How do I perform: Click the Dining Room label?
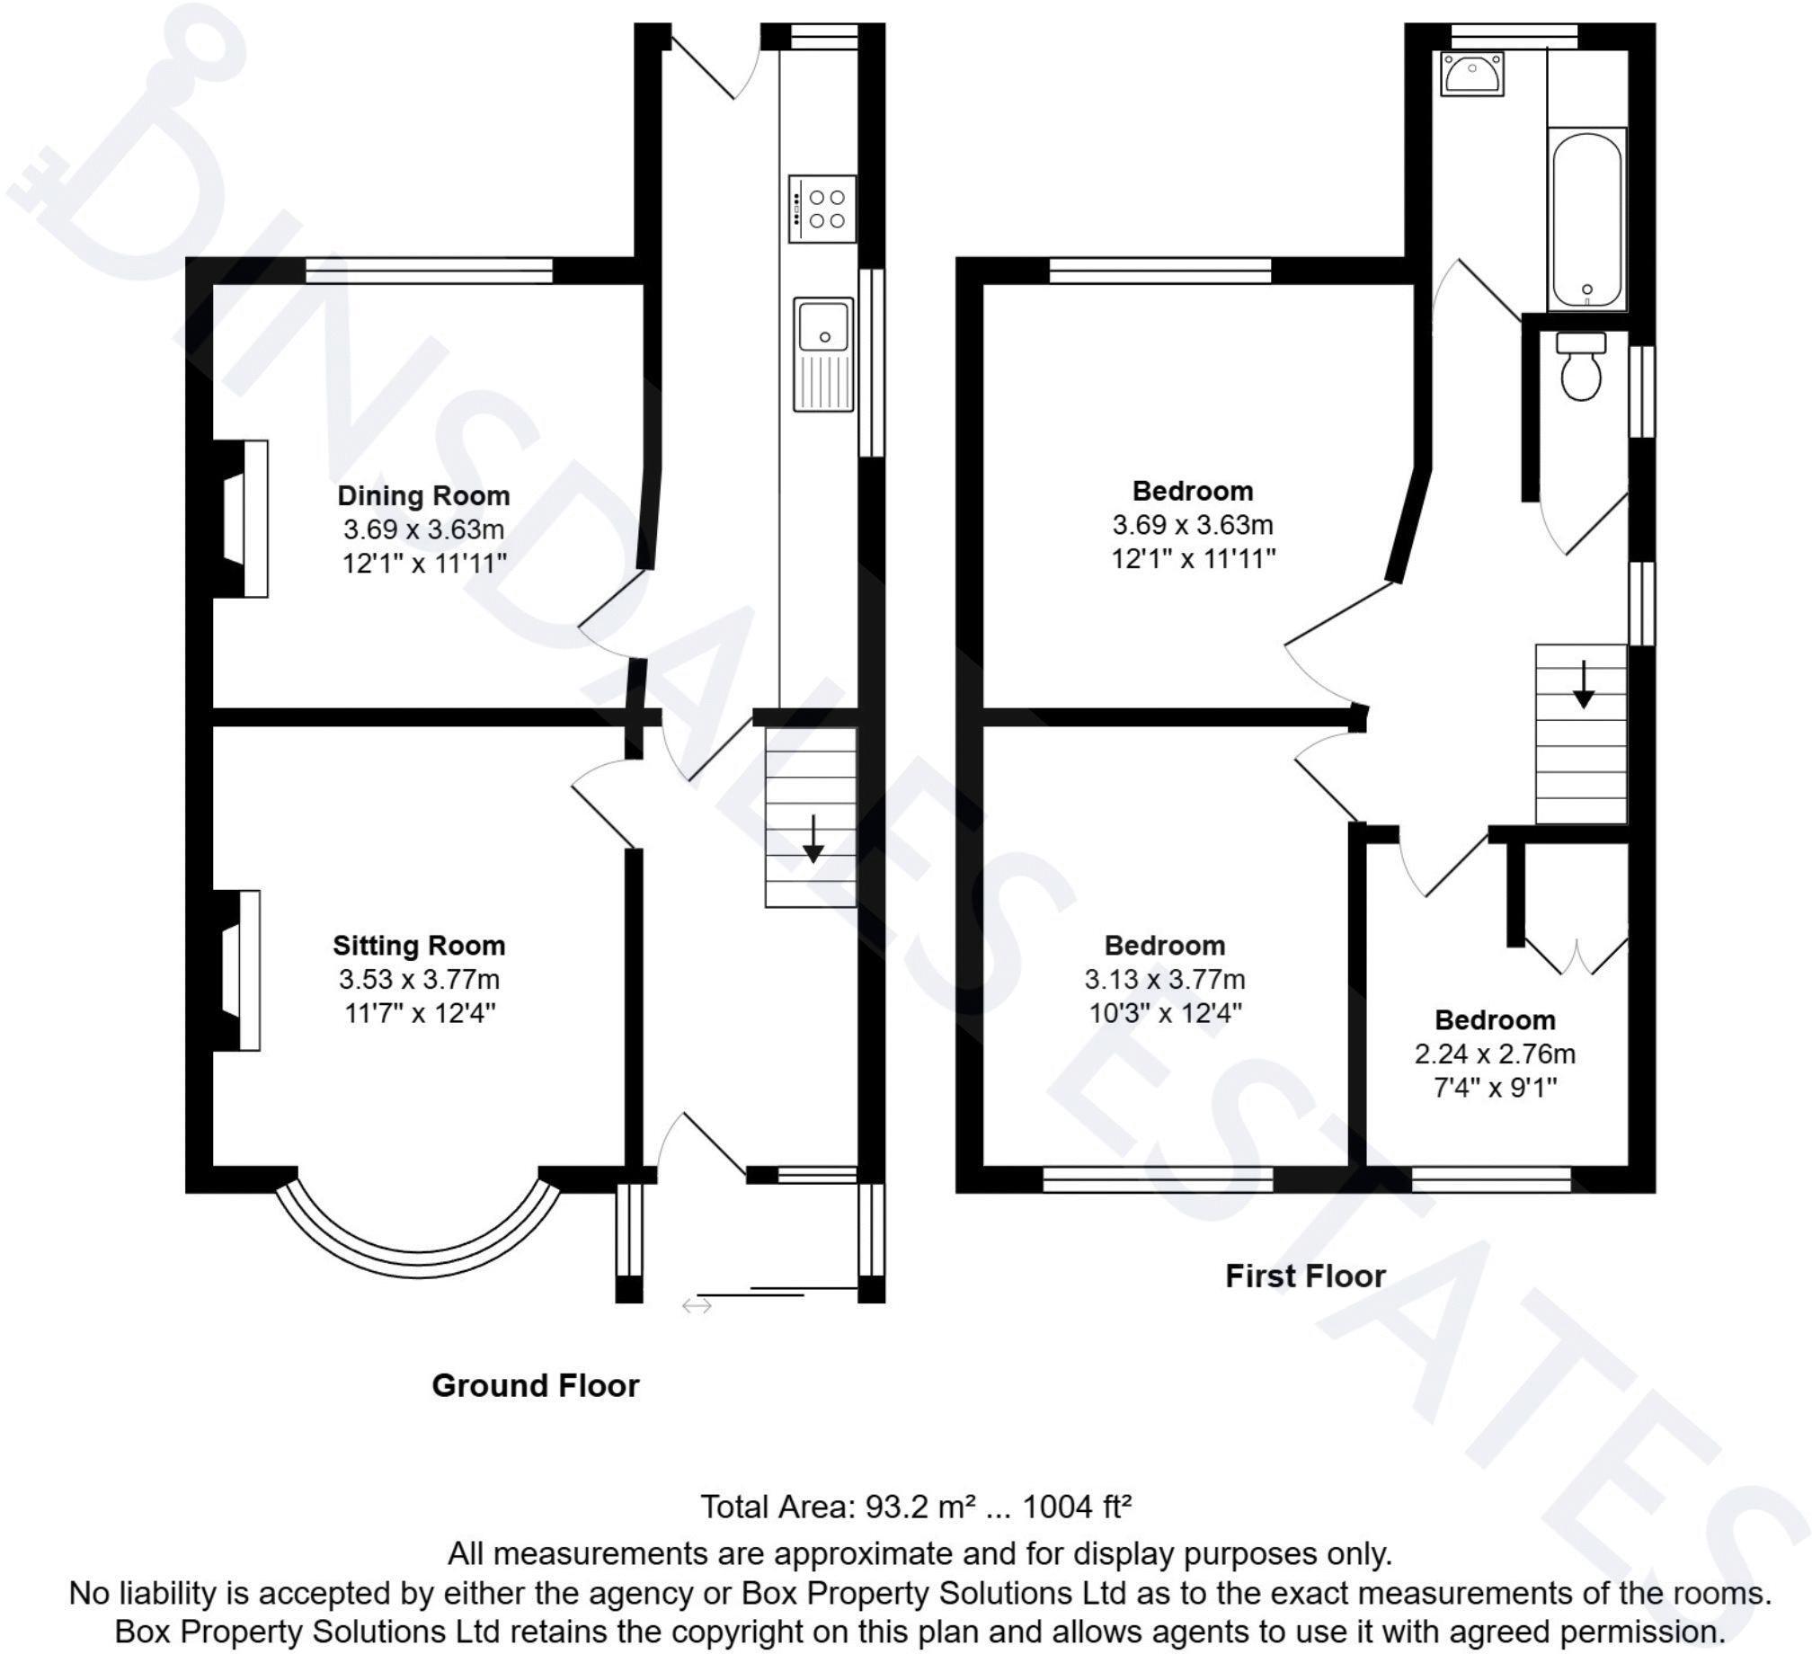tap(423, 495)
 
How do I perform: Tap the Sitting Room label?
tap(419, 946)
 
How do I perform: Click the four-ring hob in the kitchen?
tap(822, 209)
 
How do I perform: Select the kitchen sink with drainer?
tap(823, 355)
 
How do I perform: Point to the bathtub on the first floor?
tap(1586, 219)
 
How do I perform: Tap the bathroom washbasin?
tap(1471, 74)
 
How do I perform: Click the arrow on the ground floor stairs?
tap(813, 840)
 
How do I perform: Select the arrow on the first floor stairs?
tap(1583, 685)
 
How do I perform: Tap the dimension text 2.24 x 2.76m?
tap(1495, 1054)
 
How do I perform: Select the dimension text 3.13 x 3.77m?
tap(1165, 979)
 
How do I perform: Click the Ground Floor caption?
tap(535, 1385)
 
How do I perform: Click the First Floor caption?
tap(1305, 1276)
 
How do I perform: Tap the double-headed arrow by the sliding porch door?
tap(697, 1305)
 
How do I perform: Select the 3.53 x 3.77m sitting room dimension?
tap(419, 979)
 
